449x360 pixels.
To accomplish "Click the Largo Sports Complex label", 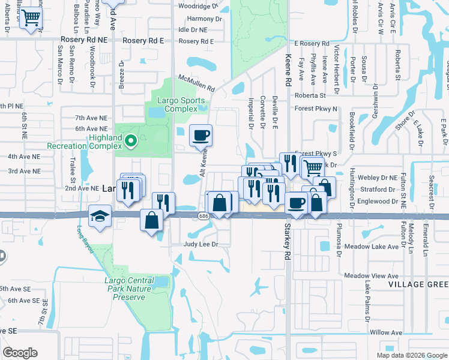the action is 181,104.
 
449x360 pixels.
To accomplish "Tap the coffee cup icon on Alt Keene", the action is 201,134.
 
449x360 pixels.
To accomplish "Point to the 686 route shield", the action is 203,216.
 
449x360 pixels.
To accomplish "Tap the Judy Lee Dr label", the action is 200,245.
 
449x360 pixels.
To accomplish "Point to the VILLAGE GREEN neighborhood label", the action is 418,284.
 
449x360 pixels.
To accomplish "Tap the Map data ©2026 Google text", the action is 411,355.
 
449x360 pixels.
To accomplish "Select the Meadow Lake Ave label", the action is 372,246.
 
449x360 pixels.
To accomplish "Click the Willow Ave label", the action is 385,332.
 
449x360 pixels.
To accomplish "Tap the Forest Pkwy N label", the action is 316,109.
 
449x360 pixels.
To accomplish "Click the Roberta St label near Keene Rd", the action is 310,95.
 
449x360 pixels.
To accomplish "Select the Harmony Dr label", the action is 200,19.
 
